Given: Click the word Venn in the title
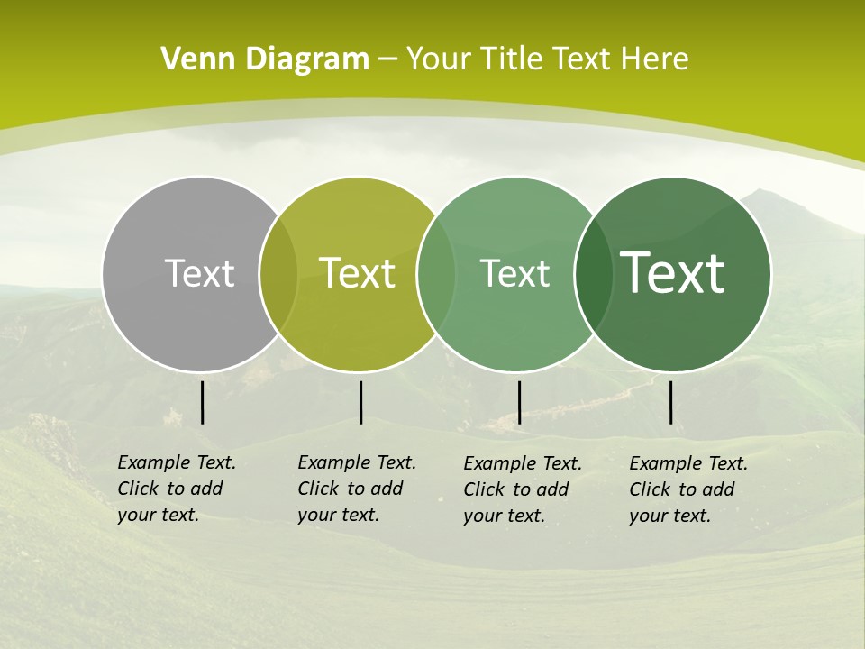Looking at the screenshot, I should tap(189, 59).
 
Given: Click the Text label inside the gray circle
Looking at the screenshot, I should tap(199, 273).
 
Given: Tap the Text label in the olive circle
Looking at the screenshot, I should tap(358, 273).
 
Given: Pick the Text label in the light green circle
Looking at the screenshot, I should tap(514, 273).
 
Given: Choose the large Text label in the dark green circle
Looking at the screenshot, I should tap(673, 273).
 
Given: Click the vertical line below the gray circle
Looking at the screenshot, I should tap(202, 402).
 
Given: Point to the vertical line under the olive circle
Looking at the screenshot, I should tap(360, 402).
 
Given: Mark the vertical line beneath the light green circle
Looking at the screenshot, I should tap(519, 402).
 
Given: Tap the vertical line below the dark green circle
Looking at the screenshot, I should tap(671, 402).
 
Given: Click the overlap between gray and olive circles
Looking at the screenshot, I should tap(278, 274).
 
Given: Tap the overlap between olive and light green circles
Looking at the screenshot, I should tap(436, 274).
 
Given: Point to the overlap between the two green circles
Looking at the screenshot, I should tap(593, 274).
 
